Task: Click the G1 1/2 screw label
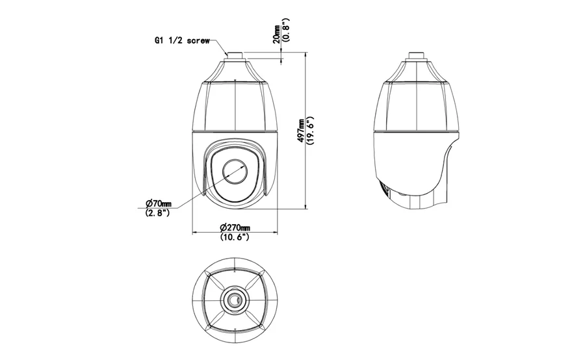182,41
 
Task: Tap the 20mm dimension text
277,34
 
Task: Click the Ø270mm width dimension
235,227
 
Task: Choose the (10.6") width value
235,237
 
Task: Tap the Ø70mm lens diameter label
159,203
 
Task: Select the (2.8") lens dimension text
157,212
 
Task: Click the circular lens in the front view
235,172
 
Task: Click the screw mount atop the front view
235,56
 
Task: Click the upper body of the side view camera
416,96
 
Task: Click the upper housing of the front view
235,96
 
